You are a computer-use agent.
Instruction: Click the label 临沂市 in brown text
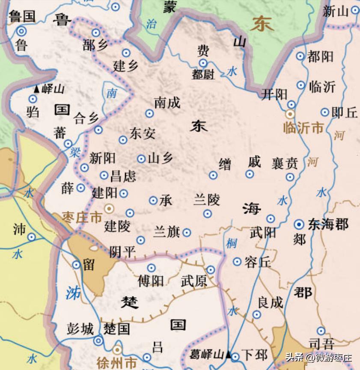(x=303, y=127)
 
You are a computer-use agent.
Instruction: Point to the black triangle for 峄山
(x=37, y=89)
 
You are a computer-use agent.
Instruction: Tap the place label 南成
(x=167, y=103)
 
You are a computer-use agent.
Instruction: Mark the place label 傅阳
(x=150, y=281)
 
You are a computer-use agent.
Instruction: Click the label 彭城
(x=80, y=329)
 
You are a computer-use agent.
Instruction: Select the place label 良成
(x=270, y=302)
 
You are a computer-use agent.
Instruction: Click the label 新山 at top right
(x=336, y=12)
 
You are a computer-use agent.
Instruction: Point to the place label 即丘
(x=345, y=112)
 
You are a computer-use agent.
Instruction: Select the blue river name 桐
(x=232, y=243)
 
